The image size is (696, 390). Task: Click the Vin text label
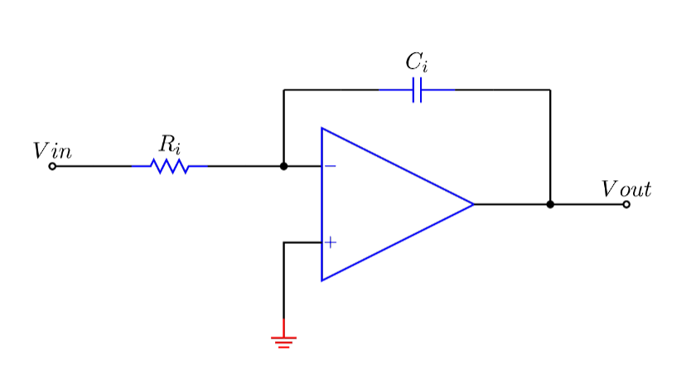pos(52,151)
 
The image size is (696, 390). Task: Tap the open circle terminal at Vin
pos(53,166)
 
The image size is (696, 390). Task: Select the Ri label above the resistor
pos(170,144)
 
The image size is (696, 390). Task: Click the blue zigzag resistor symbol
pos(170,166)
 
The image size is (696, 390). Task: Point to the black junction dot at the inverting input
pos(283,166)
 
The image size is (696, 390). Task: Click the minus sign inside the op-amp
pos(330,166)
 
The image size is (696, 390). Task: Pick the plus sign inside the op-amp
pos(330,242)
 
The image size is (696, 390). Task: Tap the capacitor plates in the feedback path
pos(417,90)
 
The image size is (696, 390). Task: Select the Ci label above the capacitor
pos(417,62)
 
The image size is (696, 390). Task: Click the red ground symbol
pos(283,340)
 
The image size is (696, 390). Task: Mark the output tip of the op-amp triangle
pos(472,204)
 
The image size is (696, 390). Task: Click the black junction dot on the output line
pos(550,204)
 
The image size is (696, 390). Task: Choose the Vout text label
pos(626,189)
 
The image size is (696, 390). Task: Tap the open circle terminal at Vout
pos(626,204)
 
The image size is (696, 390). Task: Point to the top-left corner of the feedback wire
pos(283,90)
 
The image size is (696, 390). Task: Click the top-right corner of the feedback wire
pos(550,90)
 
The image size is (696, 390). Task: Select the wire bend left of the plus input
pos(283,242)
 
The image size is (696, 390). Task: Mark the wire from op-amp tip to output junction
pos(512,204)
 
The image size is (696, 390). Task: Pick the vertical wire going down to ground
pos(283,282)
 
